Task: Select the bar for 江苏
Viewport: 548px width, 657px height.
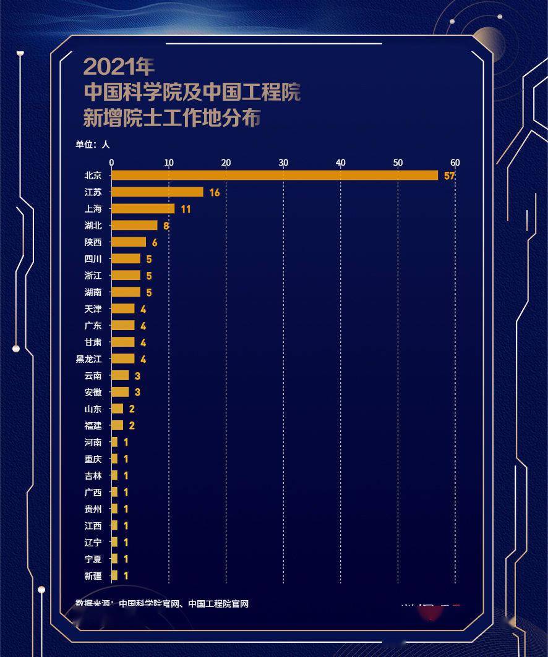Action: point(157,192)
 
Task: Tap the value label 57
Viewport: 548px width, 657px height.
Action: point(449,176)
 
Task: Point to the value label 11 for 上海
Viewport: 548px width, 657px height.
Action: point(186,210)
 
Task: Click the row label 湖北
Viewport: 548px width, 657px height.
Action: point(93,226)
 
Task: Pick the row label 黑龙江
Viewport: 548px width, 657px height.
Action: point(89,359)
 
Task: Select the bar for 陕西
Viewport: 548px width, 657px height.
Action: point(129,242)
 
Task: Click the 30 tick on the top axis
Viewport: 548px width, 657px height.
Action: point(283,163)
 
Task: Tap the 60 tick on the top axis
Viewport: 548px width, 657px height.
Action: point(455,163)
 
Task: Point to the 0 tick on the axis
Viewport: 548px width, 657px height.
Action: point(111,163)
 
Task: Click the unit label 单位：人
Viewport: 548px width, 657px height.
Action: point(93,145)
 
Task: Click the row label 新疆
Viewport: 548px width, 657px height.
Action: point(93,576)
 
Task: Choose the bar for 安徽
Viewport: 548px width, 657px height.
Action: point(120,392)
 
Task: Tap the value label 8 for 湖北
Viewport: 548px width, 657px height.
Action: point(166,226)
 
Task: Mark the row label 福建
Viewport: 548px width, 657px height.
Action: point(93,426)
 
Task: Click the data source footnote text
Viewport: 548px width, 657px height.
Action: point(162,604)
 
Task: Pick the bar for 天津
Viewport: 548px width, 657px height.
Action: point(123,309)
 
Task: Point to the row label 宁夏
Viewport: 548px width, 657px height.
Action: point(93,559)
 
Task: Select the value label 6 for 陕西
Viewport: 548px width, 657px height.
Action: point(155,243)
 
